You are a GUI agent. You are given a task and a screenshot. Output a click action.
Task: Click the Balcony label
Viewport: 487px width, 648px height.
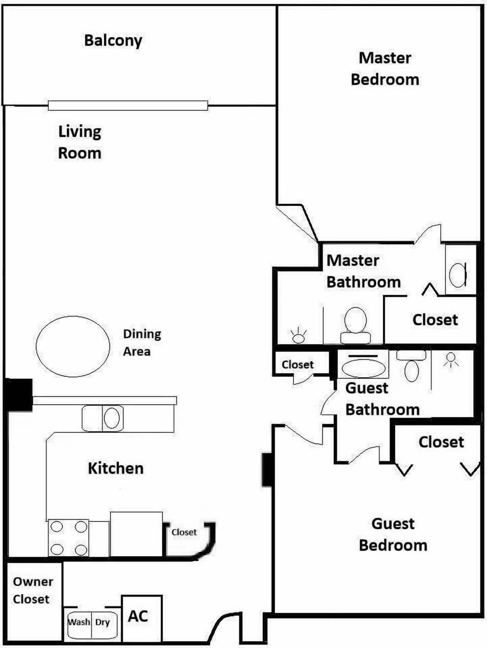coord(113,41)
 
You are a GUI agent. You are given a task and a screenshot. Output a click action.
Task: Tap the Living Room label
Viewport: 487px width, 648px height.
coord(80,142)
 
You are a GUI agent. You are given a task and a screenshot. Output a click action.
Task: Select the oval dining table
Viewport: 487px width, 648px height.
coord(73,346)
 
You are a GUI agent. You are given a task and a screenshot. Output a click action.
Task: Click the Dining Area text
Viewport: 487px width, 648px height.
coord(142,342)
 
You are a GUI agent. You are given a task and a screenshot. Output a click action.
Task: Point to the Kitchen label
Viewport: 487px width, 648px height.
coord(116,468)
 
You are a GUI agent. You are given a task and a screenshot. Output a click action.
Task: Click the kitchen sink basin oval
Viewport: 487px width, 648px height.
coord(112,418)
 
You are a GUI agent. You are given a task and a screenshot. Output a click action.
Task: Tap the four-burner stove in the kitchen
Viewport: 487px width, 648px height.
coord(68,538)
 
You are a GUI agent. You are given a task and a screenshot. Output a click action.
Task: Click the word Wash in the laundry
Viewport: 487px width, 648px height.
coord(79,622)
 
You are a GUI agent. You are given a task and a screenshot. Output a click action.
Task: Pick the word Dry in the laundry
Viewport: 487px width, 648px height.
coord(102,622)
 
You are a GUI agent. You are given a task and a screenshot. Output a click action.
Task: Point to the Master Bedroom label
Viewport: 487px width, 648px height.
coord(385,69)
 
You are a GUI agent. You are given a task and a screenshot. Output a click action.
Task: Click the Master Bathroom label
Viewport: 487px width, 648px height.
coord(364,271)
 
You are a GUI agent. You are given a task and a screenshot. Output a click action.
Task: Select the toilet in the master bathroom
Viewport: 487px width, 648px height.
coord(356,326)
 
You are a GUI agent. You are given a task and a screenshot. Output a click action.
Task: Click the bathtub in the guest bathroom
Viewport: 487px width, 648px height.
coord(364,366)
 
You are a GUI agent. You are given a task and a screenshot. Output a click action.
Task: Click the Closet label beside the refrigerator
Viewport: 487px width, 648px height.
coord(184,532)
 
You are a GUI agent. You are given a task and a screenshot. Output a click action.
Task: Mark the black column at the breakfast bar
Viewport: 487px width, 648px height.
coord(18,395)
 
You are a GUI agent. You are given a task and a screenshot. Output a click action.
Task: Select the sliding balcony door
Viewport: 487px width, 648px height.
coord(128,105)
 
